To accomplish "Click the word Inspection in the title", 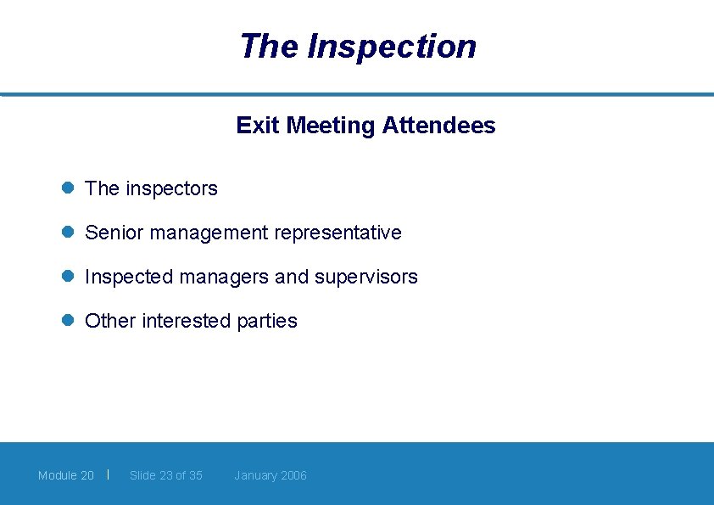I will (x=392, y=46).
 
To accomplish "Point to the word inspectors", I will (x=171, y=188).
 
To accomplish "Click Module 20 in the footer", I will (x=66, y=475).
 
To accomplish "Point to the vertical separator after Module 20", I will (x=109, y=474).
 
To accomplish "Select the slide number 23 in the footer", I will (x=166, y=475).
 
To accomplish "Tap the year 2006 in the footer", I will (x=293, y=475).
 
